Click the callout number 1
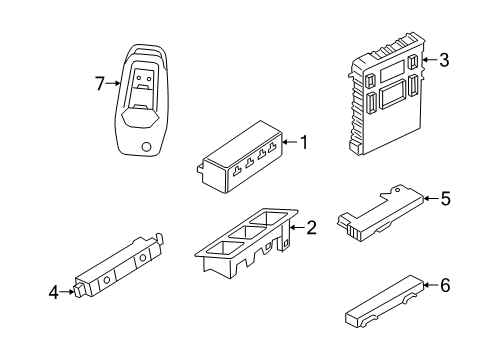(304, 143)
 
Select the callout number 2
(311, 228)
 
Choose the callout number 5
(445, 198)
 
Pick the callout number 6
(445, 285)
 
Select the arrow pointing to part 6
(429, 285)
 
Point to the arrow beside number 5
(429, 198)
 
